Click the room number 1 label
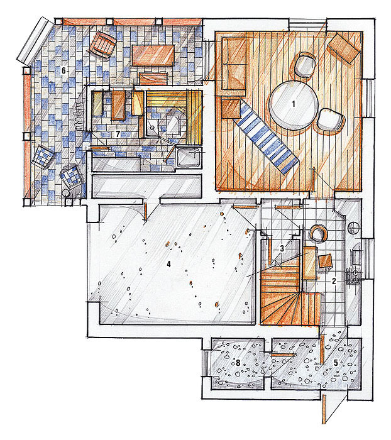tap(294, 104)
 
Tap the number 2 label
tap(334, 281)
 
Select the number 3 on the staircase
tap(282, 248)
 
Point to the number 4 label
tap(168, 264)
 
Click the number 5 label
tap(336, 363)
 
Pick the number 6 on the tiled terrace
tap(63, 70)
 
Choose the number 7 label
tap(118, 135)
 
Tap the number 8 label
tap(238, 363)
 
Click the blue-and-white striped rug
tap(265, 136)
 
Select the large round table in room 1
tap(294, 104)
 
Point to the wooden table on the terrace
tap(153, 55)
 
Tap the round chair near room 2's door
tap(318, 233)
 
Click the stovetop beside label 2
tap(354, 277)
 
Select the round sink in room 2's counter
tap(353, 228)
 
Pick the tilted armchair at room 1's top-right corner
tap(344, 47)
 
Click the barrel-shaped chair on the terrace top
tap(102, 45)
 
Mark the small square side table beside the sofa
tap(231, 109)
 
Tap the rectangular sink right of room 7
tap(189, 158)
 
